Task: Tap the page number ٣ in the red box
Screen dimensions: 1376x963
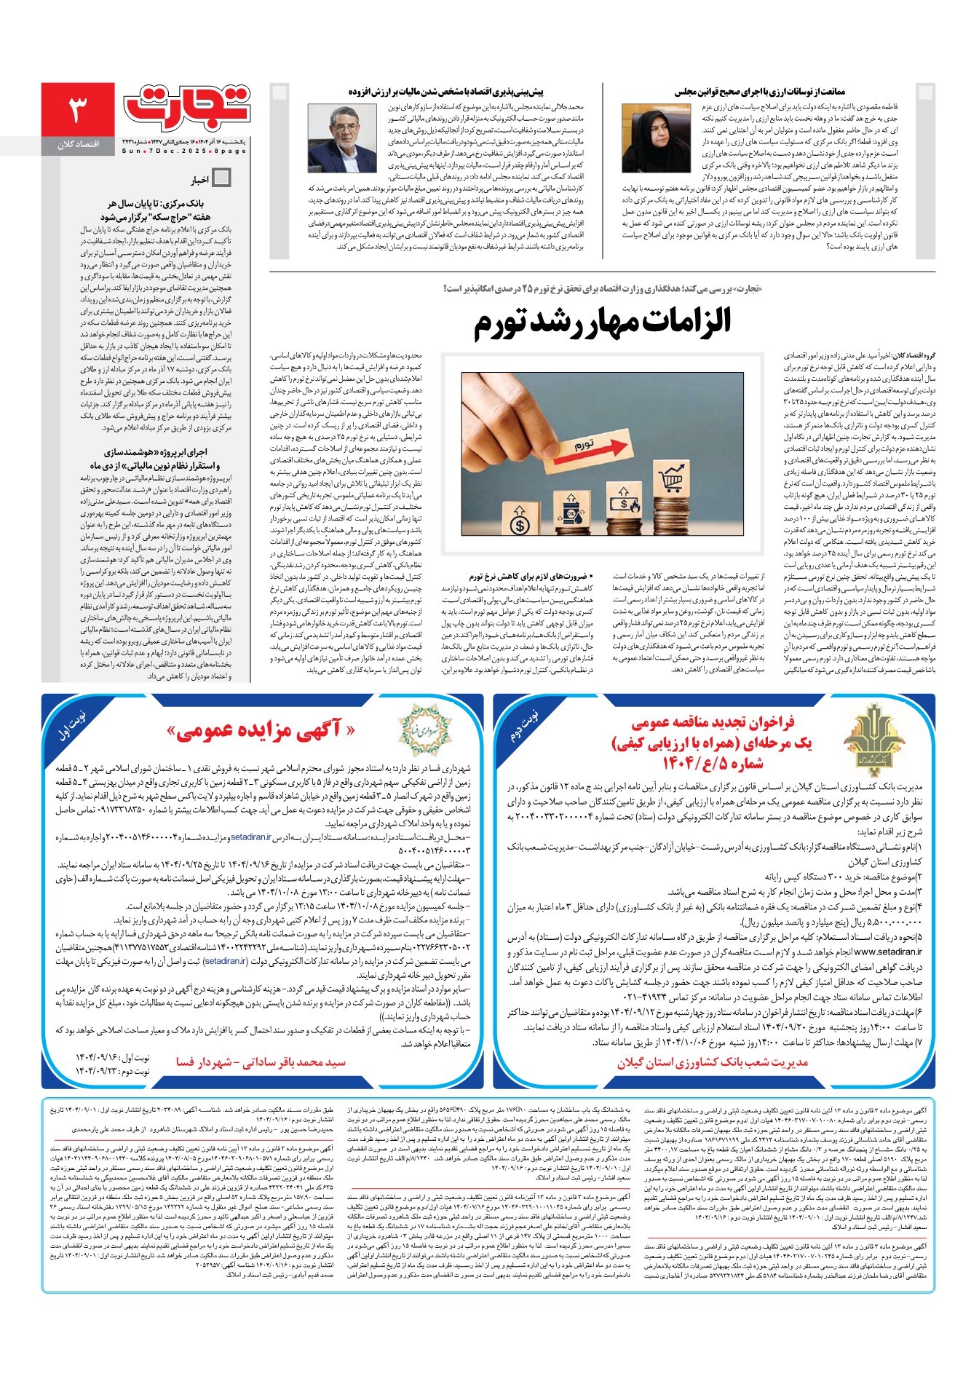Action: click(77, 110)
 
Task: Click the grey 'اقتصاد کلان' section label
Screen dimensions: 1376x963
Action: click(78, 145)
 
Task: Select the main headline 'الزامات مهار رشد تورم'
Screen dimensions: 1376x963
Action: click(602, 323)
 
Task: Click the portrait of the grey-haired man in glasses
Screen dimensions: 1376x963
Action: click(337, 138)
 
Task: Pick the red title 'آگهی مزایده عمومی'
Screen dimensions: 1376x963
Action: click(261, 730)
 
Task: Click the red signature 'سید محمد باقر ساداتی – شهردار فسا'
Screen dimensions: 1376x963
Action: click(261, 1062)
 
